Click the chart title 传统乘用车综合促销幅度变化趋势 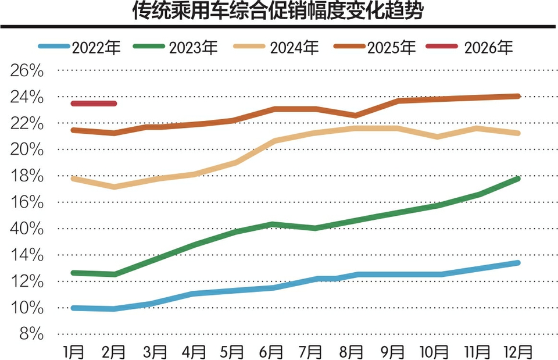pos(279,12)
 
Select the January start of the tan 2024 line pos(73,179)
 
